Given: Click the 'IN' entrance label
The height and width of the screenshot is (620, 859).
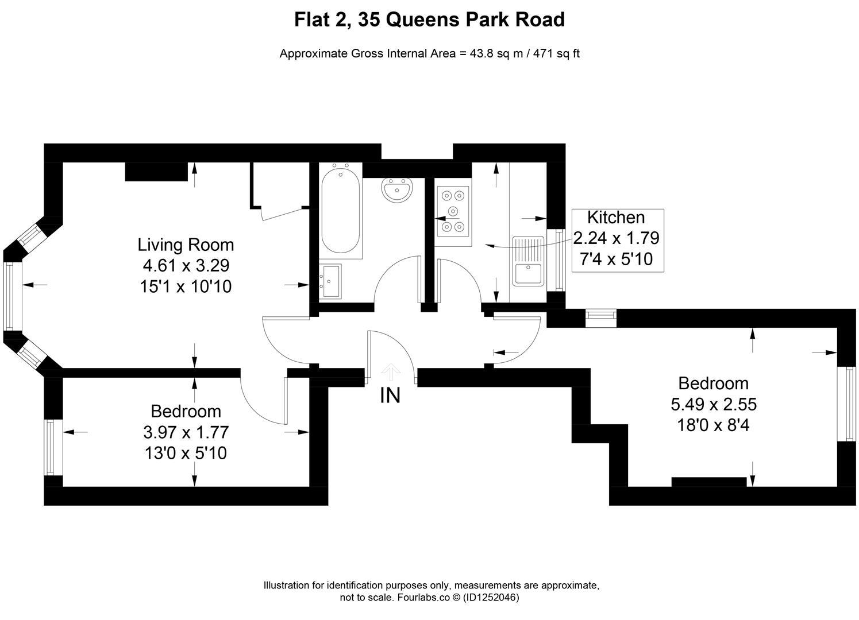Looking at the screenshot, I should (x=390, y=396).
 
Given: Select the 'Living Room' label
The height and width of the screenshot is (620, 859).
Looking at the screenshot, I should (x=186, y=245).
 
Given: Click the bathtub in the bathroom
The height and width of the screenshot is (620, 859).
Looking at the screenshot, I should (x=341, y=210).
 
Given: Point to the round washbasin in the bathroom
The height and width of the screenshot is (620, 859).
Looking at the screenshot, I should (x=397, y=190).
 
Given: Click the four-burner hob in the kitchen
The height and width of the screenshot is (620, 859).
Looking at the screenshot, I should (x=452, y=211).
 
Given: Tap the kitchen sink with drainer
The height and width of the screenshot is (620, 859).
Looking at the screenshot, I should (x=528, y=261).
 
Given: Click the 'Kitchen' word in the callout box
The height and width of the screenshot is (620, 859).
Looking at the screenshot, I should (x=616, y=218).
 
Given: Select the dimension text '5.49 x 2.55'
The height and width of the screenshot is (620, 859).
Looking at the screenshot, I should (x=714, y=404).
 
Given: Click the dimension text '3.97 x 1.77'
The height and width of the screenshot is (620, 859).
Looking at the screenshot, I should (x=186, y=432).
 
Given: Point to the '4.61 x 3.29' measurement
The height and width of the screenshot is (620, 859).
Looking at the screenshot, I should (x=186, y=265).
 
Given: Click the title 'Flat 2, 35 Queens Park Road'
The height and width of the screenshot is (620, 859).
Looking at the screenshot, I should (x=429, y=20).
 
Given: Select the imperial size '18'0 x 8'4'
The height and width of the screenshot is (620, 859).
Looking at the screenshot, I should (x=714, y=425).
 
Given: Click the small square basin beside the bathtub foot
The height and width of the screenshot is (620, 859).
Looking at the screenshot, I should (x=331, y=281).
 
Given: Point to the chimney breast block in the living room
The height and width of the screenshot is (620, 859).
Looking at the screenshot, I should (x=156, y=172).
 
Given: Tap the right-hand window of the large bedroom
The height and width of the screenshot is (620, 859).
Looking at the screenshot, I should (x=846, y=404).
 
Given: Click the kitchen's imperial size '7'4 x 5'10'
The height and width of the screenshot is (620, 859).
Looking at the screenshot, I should (x=616, y=259).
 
